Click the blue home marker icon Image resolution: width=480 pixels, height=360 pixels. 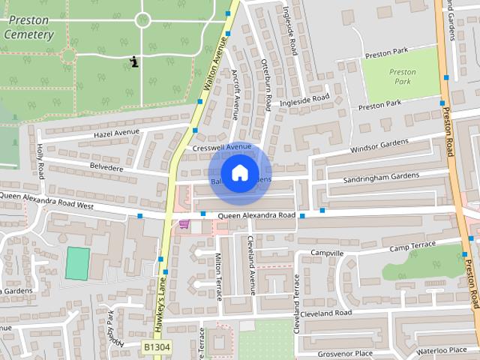pos(239,173)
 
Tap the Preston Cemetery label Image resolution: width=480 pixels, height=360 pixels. pos(28,29)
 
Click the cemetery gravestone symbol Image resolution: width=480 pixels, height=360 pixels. pos(133,61)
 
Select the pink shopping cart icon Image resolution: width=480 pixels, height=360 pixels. pos(184,223)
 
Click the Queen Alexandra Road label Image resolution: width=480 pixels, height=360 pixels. pos(256,216)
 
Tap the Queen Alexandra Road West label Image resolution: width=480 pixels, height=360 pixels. pos(46,200)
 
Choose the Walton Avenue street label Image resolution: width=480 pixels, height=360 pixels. pos(214,68)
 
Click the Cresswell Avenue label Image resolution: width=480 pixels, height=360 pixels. pos(221,148)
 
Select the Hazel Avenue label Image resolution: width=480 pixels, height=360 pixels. pos(117,133)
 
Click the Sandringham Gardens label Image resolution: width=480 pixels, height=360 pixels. pos(381,177)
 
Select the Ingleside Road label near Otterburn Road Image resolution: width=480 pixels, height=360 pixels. pos(304,99)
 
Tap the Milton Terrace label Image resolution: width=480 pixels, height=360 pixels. pos(219,275)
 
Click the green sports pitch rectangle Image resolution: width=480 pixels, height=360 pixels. pos(76,264)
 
